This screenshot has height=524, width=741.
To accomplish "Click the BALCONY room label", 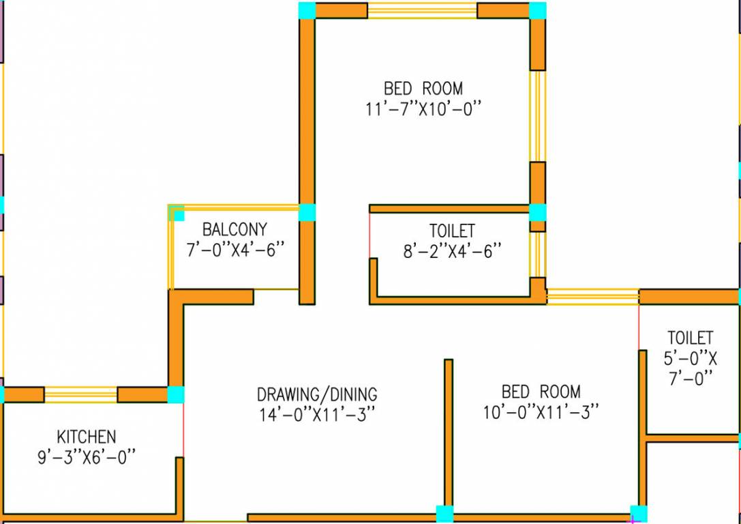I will (235, 229).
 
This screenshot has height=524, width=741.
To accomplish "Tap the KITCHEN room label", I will (86, 436).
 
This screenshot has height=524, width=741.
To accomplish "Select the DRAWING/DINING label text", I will (316, 394).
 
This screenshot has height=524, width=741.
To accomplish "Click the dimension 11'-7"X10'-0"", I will (423, 108).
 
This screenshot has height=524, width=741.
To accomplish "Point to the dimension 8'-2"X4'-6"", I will (452, 250).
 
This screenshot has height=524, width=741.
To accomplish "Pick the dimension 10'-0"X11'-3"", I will (541, 412).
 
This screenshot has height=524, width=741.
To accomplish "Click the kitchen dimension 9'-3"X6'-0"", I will (86, 456).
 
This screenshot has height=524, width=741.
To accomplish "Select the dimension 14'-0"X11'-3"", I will (316, 414).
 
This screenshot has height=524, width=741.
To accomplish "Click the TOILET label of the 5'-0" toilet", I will (690, 338).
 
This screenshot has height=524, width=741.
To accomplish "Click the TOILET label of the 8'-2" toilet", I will (452, 231).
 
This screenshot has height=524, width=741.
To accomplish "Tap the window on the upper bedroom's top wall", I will (422, 10).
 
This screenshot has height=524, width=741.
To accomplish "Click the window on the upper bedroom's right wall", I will (538, 116).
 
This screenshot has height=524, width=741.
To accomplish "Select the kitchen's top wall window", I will (80, 394).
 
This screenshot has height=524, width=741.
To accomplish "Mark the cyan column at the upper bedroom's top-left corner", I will (307, 10).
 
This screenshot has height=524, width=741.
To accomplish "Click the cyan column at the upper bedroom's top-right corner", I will (538, 10).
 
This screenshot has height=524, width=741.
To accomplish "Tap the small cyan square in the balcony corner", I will (178, 215).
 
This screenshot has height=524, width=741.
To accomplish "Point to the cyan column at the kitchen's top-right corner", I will (176, 394).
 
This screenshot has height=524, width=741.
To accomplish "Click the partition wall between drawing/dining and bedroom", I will (449, 433).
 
